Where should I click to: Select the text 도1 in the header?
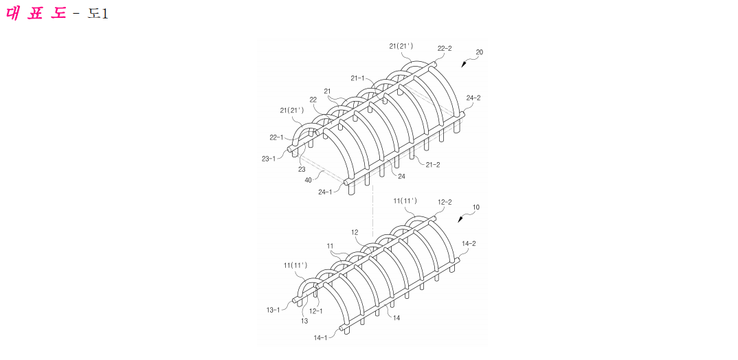98,14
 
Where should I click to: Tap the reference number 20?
479,53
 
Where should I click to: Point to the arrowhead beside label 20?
464,65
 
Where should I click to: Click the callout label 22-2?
445,49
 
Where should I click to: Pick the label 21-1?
358,78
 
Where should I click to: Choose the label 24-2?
473,98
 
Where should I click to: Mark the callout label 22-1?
276,137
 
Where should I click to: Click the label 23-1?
269,159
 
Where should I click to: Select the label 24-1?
326,192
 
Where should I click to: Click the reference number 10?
476,207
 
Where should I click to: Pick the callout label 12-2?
445,202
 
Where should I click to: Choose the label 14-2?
469,244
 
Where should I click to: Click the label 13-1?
273,309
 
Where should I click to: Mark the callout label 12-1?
316,311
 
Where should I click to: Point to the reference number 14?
396,317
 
